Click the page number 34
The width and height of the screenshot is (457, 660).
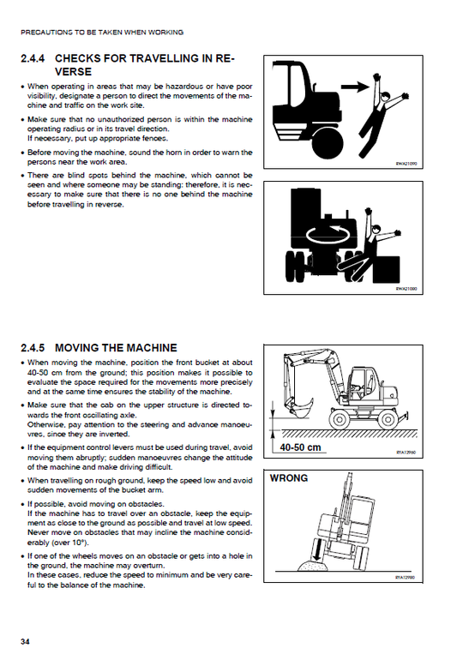pos(25,642)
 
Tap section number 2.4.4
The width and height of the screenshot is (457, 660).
pos(33,58)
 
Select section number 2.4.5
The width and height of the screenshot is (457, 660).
pos(33,348)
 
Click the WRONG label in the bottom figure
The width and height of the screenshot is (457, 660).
pos(289,478)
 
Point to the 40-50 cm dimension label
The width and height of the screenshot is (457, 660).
pos(300,447)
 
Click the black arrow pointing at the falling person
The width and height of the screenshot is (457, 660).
pos(355,87)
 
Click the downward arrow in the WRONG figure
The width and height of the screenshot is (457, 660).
pos(317,551)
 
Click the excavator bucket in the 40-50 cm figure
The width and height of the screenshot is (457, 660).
pos(299,407)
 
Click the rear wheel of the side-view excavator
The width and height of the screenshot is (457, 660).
pos(387,419)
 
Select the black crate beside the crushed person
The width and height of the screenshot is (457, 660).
pos(386,269)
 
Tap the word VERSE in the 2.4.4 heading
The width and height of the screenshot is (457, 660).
pos(73,71)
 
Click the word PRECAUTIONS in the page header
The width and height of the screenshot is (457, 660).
pos(46,32)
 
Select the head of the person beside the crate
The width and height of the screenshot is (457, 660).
pos(376,230)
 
